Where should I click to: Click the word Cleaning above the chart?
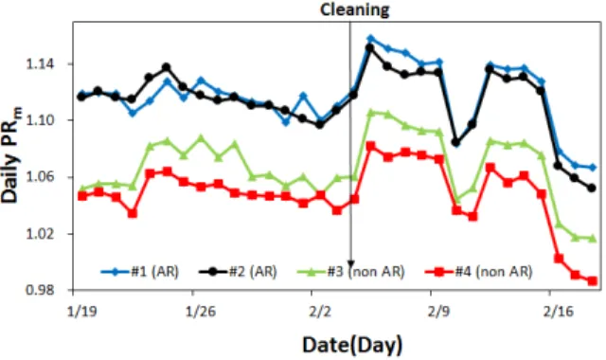(x=354, y=9)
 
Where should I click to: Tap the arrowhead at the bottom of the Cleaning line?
(x=351, y=264)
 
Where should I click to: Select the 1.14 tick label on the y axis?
(x=40, y=63)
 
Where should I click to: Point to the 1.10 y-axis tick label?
(x=40, y=120)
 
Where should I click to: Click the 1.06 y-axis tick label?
(x=40, y=177)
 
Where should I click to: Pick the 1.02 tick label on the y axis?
(x=40, y=234)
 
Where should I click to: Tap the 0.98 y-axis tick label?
(x=40, y=290)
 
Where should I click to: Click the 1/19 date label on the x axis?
(x=82, y=311)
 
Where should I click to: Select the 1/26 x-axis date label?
(x=201, y=311)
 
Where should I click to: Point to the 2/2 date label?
(x=320, y=311)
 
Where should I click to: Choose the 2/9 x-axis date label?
(x=439, y=311)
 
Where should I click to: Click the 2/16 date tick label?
(x=558, y=311)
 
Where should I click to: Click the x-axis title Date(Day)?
(x=352, y=345)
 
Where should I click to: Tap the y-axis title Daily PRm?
(x=11, y=154)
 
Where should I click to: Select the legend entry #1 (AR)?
(x=140, y=272)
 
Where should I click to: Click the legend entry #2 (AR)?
(x=238, y=272)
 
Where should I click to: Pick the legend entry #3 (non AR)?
(x=351, y=272)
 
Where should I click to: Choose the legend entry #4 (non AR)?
(x=478, y=272)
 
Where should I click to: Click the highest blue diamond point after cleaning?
(x=370, y=39)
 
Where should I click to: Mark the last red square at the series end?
(x=592, y=281)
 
